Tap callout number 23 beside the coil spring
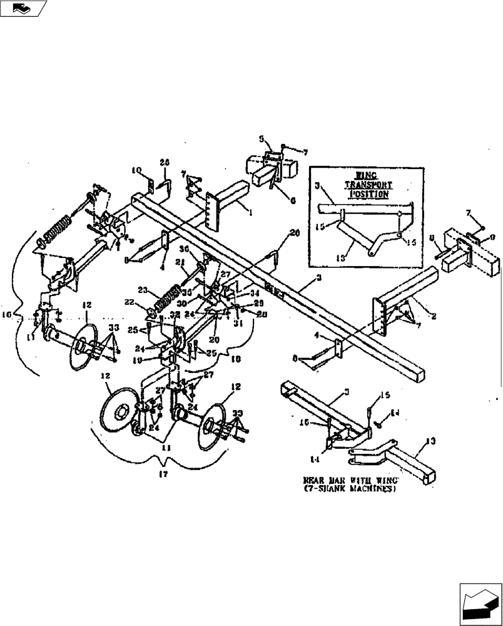pyautogui.click(x=142, y=290)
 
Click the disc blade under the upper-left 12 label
pyautogui.click(x=83, y=347)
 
